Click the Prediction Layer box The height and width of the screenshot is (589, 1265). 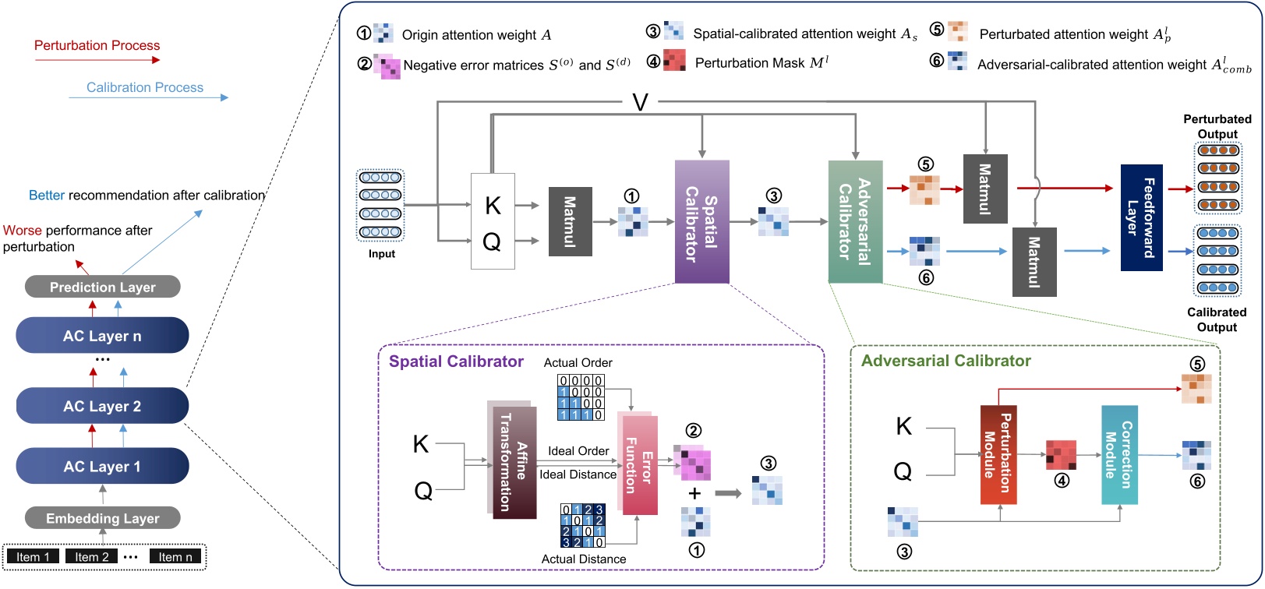pos(102,287)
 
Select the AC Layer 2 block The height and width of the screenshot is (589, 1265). pos(102,406)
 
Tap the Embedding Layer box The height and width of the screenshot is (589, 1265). pos(102,518)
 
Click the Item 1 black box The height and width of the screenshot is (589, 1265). pos(33,556)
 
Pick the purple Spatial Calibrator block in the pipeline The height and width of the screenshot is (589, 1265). pos(701,222)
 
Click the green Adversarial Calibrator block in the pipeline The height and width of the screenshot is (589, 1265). pos(855,222)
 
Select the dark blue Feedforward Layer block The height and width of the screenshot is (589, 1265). pos(1141,217)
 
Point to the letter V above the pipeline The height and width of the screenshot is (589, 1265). pos(640,102)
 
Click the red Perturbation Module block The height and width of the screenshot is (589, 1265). pos(998,454)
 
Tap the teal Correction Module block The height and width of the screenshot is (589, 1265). pos(1119,454)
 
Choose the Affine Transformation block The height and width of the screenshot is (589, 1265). pos(514,461)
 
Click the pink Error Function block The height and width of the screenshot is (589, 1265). pos(638,464)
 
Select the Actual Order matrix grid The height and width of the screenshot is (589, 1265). pos(581,397)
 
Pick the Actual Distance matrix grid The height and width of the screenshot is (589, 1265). pos(582,526)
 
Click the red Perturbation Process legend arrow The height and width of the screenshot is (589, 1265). pos(97,59)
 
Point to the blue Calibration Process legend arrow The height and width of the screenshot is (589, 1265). pos(148,98)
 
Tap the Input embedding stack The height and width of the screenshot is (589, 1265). pos(380,205)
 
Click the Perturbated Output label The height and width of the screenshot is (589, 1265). pos(1217,126)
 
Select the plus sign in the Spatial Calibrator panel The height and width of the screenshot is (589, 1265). pos(694,493)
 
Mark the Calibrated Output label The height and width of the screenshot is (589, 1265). pos(1216,319)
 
